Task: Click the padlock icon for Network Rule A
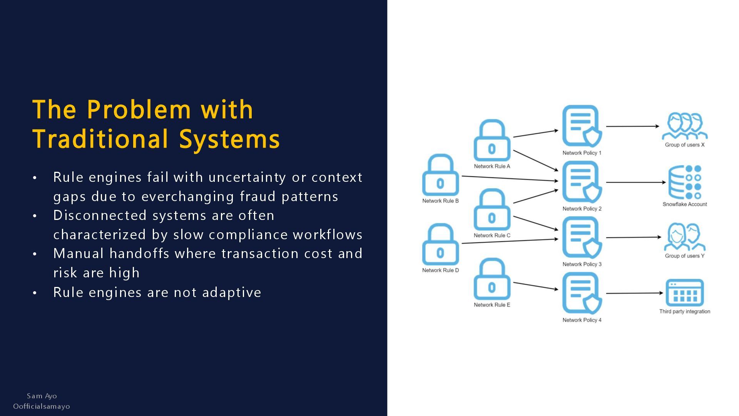point(492,141)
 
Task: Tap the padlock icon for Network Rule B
point(440,175)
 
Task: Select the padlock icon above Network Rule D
point(440,245)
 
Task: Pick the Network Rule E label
point(492,305)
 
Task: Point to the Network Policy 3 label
point(582,264)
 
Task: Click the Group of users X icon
point(684,126)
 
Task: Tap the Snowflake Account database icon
point(684,182)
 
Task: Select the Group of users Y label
point(684,256)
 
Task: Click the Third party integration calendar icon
point(684,293)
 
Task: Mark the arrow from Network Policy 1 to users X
point(632,126)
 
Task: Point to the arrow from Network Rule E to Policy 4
point(535,286)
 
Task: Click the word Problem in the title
point(139,109)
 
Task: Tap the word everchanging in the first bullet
point(187,196)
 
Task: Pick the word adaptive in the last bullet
point(232,292)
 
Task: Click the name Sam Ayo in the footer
point(42,396)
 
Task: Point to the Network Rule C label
point(492,235)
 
